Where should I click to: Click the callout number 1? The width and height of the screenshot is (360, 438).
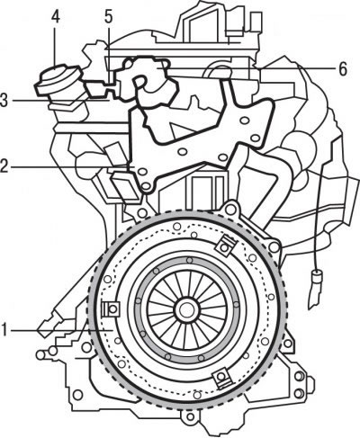coord(4,330)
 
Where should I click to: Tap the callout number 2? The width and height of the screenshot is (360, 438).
coord(4,165)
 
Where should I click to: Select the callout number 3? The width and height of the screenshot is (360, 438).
coord(4,100)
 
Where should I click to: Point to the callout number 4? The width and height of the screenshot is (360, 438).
coord(55,16)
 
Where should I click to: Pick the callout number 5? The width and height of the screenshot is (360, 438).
coord(108,16)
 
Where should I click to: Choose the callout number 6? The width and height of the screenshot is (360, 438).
coord(343,69)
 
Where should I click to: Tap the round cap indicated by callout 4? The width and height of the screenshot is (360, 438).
coord(58,79)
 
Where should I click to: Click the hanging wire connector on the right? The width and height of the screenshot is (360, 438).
coord(316,289)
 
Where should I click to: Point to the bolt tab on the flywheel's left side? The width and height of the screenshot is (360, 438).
coord(111,308)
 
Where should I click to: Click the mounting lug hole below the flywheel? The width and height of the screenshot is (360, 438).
coord(190,416)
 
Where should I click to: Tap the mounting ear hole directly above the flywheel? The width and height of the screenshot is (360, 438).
coord(230,210)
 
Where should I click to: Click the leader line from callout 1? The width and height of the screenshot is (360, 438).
coord(61,330)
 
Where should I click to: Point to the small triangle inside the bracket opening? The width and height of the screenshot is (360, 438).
coord(180,130)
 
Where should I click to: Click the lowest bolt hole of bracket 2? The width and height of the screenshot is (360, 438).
coord(146,186)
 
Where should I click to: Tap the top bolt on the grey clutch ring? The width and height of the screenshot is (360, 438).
coord(189,260)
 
